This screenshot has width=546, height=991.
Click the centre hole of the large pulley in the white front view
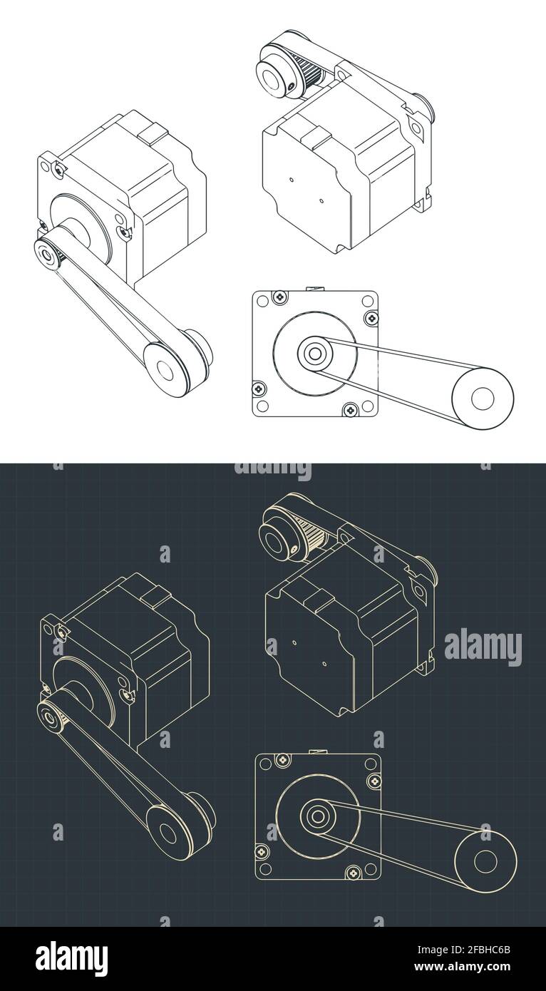[483, 398]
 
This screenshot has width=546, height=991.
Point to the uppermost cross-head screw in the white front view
[281, 295]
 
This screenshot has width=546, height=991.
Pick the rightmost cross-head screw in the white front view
[369, 317]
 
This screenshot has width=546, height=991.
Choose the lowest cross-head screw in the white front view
[349, 410]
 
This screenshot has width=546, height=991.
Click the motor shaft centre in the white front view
[313, 352]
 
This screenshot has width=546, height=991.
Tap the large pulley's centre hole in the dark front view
[485, 861]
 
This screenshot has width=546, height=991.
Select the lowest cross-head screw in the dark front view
[352, 873]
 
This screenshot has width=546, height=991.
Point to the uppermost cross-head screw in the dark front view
[283, 759]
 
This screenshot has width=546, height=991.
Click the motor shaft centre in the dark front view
[316, 815]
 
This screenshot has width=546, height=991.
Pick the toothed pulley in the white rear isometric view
[311, 72]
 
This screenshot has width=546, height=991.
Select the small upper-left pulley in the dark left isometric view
[50, 716]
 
